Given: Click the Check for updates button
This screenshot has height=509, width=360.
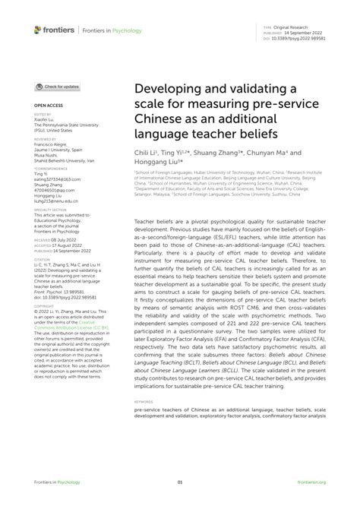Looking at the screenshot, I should point(57,87).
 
